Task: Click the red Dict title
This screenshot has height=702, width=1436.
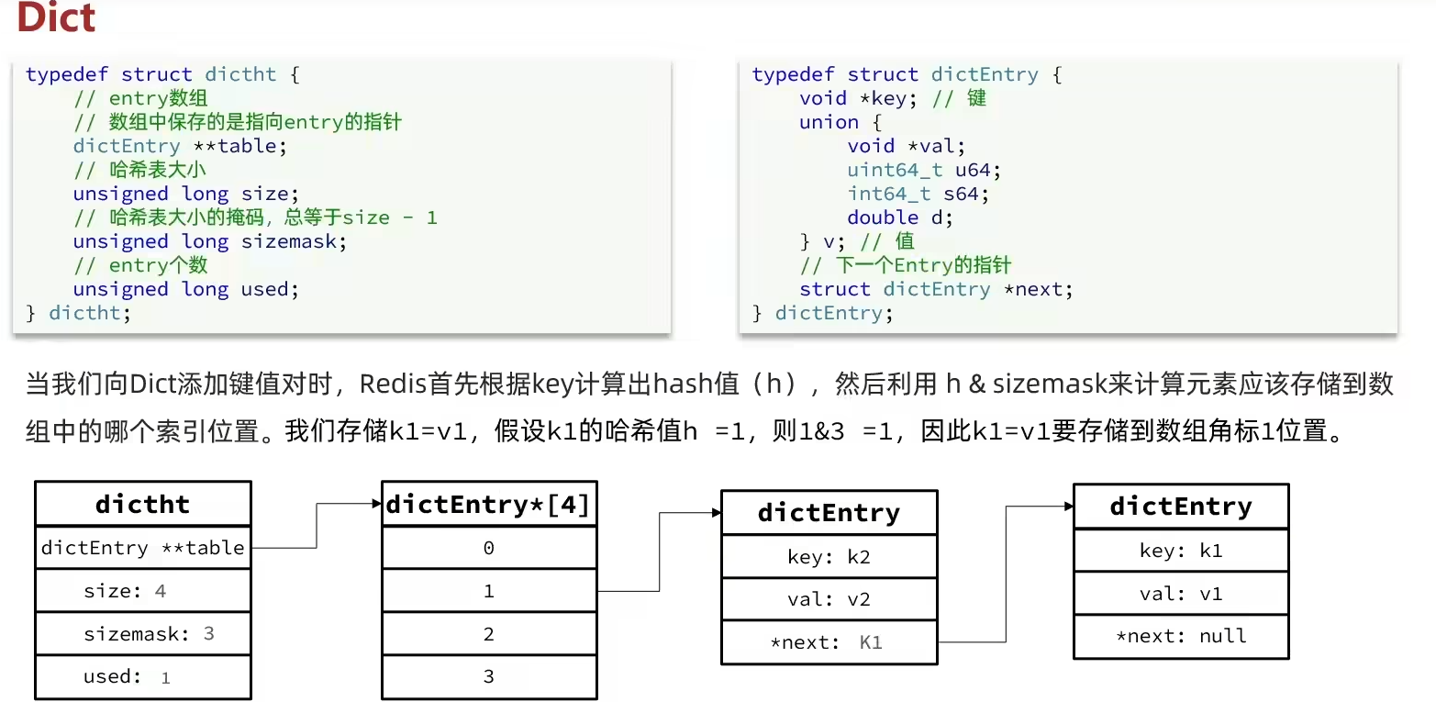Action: (56, 17)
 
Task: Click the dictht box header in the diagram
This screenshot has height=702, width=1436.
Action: (142, 504)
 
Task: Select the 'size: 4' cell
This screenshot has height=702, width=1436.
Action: (142, 591)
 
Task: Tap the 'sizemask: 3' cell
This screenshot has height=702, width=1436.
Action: (142, 634)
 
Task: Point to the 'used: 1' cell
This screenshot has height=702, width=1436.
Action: (142, 677)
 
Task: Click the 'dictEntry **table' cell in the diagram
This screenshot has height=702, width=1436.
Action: (142, 548)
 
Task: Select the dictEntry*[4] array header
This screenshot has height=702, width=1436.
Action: (488, 504)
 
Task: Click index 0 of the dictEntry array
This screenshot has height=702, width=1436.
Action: (488, 548)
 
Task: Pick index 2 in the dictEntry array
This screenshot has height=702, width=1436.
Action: (488, 634)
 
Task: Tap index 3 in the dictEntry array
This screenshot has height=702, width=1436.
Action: (488, 677)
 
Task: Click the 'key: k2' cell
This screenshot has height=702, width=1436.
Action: (829, 556)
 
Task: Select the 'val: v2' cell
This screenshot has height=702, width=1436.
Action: (829, 599)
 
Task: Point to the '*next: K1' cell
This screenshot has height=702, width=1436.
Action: (829, 642)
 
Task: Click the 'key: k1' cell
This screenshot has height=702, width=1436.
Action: (1181, 551)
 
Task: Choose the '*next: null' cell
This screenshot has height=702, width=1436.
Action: (1181, 636)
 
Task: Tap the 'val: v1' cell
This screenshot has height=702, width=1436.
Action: (1181, 594)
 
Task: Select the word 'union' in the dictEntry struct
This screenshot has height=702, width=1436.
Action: (829, 122)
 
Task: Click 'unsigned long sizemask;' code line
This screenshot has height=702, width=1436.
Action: (210, 241)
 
